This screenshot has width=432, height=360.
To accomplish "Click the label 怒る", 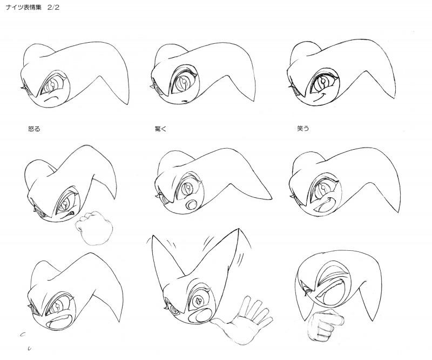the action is point(34,129).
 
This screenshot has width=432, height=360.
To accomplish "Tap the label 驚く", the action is point(160,129).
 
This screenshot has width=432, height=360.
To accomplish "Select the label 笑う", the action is point(303,128).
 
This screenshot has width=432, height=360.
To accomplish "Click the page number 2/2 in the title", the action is point(53,8).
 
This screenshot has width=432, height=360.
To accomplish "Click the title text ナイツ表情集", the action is point(24,8).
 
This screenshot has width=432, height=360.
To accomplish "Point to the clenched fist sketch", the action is point(94,228).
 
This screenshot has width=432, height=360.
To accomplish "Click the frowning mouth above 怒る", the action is point(51,98).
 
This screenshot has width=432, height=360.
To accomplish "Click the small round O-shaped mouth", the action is point(192,205).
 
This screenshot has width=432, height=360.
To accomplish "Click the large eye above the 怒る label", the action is point(53,84).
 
